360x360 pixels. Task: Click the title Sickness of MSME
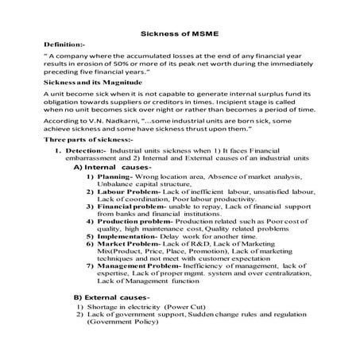tap(180, 33)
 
